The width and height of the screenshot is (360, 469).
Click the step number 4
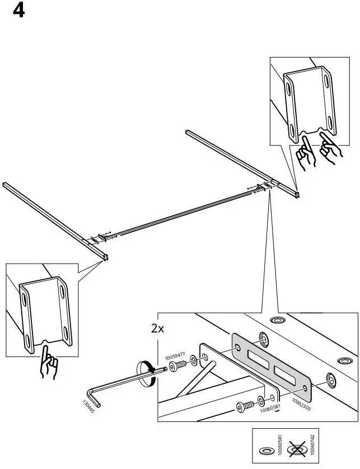pyautogui.click(x=18, y=11)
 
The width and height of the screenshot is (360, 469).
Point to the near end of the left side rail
pyautogui.click(x=105, y=258)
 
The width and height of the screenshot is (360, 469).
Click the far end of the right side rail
pyautogui.click(x=188, y=132)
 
